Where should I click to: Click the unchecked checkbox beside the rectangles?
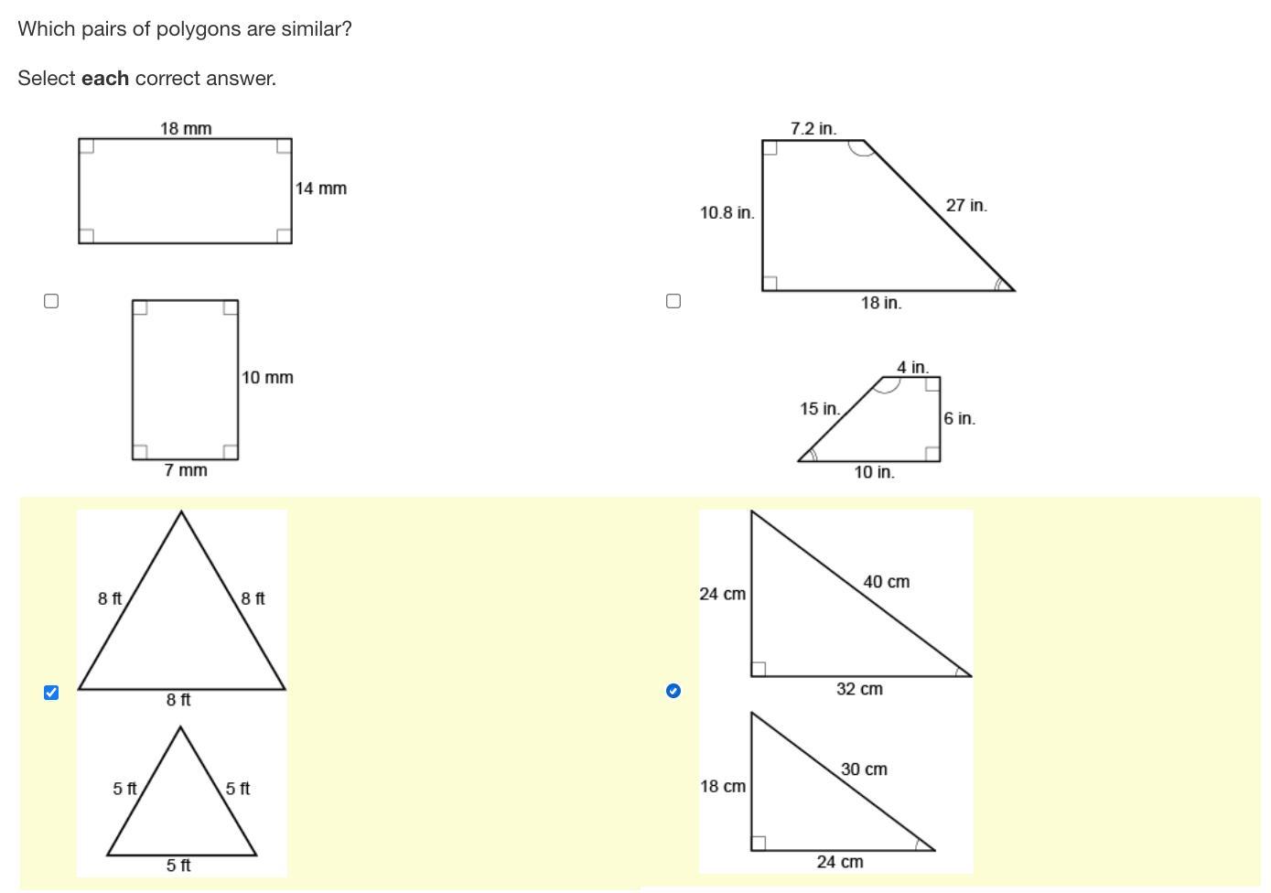coord(51,301)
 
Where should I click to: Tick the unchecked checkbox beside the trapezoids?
coord(673,301)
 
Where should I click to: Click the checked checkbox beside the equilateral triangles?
coord(51,692)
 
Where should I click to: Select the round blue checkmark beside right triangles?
coord(673,691)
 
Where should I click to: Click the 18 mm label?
coord(186,129)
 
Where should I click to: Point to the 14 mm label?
coord(320,188)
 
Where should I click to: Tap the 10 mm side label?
coord(267,377)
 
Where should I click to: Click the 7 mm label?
coord(186,470)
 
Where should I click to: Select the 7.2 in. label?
coord(813,129)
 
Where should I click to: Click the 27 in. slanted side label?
coord(966,205)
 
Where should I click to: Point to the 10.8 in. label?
coord(727,213)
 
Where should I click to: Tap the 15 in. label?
coord(819,408)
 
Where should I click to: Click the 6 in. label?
coord(959,418)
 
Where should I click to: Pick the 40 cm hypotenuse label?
coord(887,582)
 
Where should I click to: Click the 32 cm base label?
coord(859,689)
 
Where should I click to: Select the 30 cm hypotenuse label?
coord(864,769)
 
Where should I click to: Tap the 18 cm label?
coord(722,786)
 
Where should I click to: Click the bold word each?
coord(105,79)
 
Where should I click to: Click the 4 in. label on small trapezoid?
coord(912,367)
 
